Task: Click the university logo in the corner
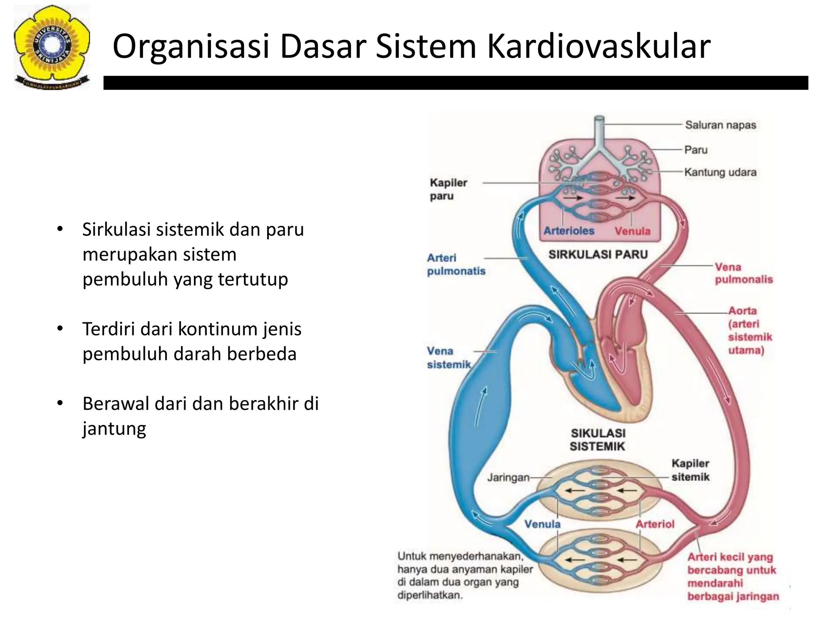(51, 47)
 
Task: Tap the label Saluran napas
(720, 125)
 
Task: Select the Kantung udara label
(720, 172)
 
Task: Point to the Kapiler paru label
(448, 189)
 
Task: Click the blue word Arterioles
(569, 231)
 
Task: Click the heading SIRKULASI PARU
(598, 254)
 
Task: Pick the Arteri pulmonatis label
(456, 264)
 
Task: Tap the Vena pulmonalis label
(743, 273)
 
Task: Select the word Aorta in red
(742, 311)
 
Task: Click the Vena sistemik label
(449, 358)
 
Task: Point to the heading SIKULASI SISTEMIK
(597, 440)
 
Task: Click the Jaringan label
(508, 477)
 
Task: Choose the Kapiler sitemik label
(690, 470)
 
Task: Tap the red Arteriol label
(655, 524)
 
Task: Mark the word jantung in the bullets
(114, 428)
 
